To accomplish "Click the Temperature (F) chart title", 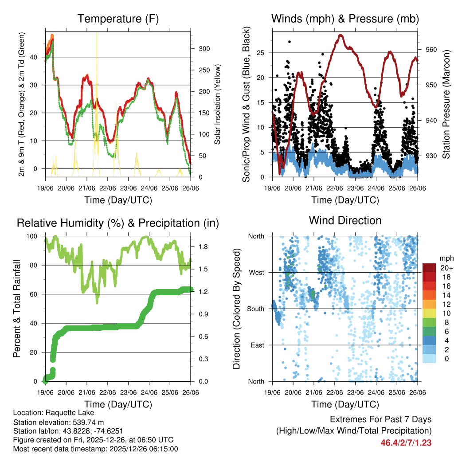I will (118, 19).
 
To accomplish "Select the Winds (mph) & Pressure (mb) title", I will (345, 19).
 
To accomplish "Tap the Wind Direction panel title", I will (345, 220).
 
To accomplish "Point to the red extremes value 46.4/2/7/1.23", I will (406, 442).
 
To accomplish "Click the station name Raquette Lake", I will (62, 412).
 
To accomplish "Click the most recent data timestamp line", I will (96, 449).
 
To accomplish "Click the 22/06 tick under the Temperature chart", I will (108, 188).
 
